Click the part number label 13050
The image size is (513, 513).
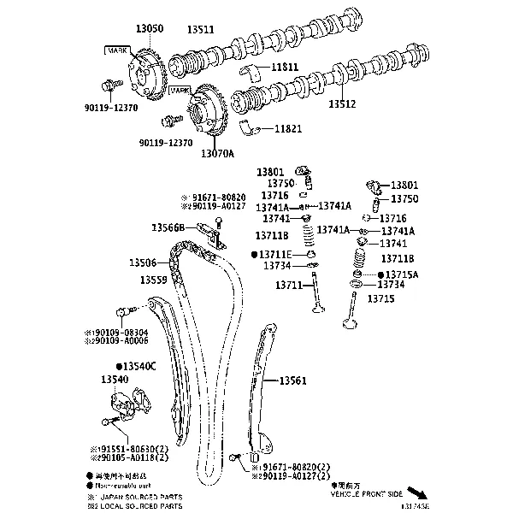click(x=148, y=29)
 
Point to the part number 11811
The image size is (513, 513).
click(x=286, y=66)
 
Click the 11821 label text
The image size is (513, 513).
click(x=287, y=128)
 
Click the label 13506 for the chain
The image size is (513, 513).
click(x=143, y=262)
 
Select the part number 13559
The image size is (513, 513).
click(x=154, y=280)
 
